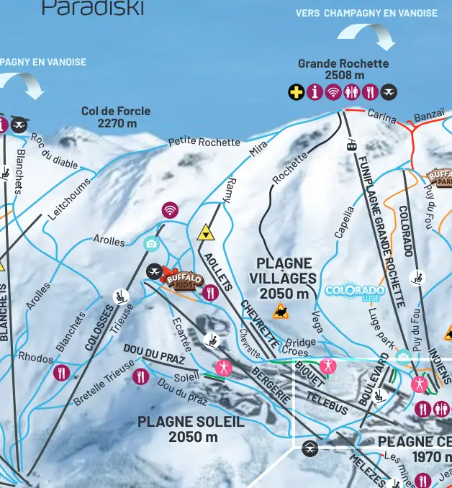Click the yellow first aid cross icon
point(296,92)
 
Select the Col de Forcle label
point(116,117)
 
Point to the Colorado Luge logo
point(355,292)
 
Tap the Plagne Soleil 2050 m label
point(191,429)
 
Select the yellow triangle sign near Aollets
point(206,232)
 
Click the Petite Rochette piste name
point(204,142)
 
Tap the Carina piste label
point(381,114)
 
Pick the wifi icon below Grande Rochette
point(333,92)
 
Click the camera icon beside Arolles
point(151,243)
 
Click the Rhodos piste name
point(35,358)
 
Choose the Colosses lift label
point(99,327)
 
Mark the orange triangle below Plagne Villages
point(281,312)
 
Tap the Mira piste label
point(258,149)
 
